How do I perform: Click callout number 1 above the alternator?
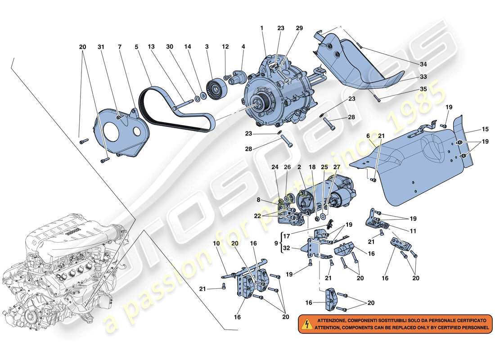point(261,28)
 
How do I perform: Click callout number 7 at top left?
point(120,47)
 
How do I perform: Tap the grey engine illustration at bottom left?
point(67,270)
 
